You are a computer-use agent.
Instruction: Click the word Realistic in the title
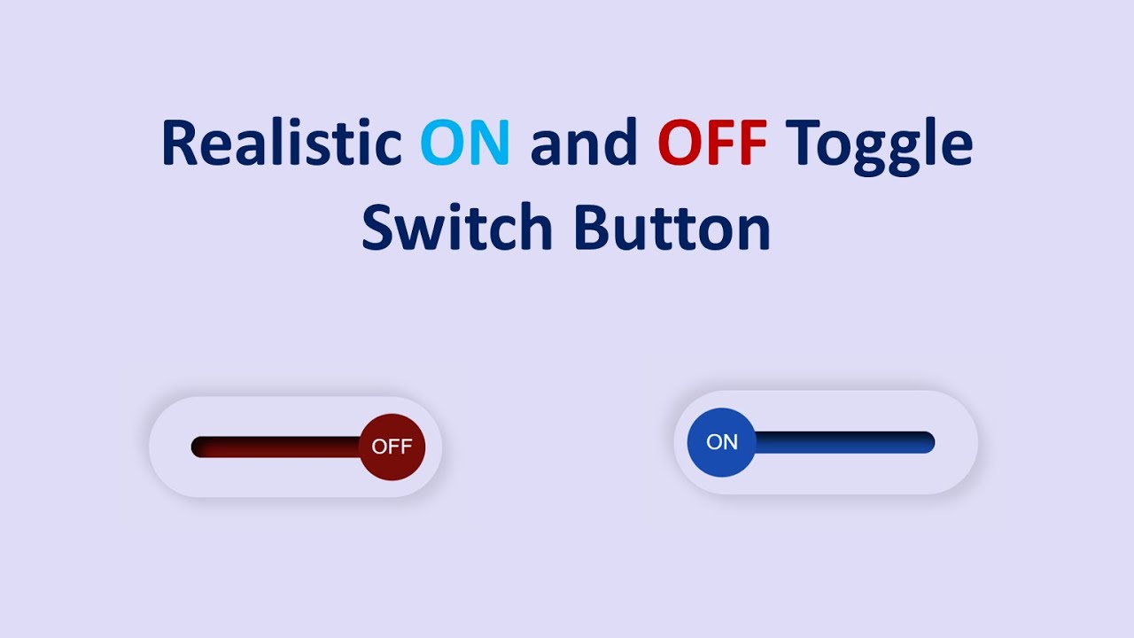pos(280,144)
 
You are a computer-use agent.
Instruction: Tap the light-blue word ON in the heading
pos(465,144)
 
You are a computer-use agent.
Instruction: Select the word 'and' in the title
pos(584,144)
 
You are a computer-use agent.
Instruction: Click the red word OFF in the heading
pos(712,144)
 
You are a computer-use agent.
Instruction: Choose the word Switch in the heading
pos(456,227)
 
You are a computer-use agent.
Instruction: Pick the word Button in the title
pos(672,227)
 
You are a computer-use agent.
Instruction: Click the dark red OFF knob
pos(392,447)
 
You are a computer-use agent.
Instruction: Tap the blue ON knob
pos(722,441)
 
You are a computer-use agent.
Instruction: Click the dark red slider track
pos(275,447)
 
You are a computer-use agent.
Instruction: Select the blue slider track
pos(842,441)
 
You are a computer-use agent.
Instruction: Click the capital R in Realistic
pos(179,144)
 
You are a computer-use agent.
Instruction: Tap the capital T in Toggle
pos(803,144)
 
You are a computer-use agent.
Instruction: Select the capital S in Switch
pos(378,227)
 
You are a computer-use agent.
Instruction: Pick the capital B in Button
pos(592,227)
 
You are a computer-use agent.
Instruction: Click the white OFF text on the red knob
pos(392,447)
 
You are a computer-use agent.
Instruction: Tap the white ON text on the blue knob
pos(722,441)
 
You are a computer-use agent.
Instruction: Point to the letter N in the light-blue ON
pos(489,144)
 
